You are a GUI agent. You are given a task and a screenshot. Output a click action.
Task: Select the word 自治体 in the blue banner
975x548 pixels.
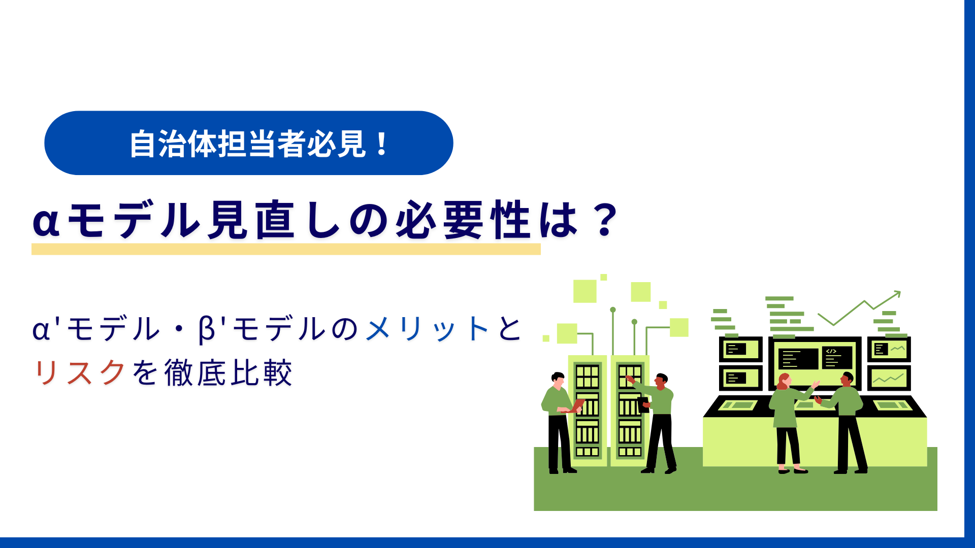(x=173, y=144)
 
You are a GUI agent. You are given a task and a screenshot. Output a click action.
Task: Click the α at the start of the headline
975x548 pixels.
(x=46, y=221)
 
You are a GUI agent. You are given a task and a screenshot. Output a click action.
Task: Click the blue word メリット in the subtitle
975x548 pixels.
(x=427, y=328)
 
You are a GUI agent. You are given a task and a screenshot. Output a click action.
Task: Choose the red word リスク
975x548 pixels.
(x=80, y=372)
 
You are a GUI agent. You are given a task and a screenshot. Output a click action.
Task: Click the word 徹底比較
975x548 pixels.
(x=228, y=372)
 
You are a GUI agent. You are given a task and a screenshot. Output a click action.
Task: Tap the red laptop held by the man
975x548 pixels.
(x=576, y=406)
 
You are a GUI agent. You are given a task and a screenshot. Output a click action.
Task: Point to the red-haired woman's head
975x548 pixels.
(x=784, y=381)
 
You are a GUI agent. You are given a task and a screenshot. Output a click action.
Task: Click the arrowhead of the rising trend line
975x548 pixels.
(x=897, y=294)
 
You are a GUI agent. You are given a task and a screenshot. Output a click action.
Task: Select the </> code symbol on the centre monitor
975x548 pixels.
(x=831, y=351)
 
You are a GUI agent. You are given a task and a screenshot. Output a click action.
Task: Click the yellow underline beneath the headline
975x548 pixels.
(x=286, y=249)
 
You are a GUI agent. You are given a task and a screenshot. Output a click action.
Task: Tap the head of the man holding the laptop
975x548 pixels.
(x=558, y=380)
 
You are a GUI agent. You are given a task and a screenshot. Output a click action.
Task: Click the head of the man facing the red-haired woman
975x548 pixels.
(x=847, y=379)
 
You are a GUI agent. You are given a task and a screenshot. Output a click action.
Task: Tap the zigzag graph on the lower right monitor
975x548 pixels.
(x=889, y=379)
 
